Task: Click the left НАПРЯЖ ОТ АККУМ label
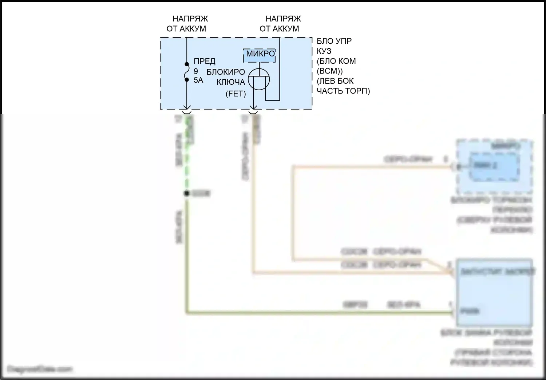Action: [x=187, y=24]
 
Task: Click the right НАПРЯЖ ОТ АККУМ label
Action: [x=280, y=24]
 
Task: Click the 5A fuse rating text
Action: [x=198, y=80]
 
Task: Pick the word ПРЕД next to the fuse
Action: [x=204, y=61]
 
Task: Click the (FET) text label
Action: [x=236, y=94]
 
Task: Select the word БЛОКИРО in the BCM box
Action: [x=226, y=72]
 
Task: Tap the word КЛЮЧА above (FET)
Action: [x=231, y=82]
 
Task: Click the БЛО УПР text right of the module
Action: [x=334, y=41]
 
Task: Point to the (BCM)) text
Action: [x=329, y=71]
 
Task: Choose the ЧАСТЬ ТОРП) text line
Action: [x=343, y=91]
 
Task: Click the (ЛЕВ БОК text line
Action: [x=335, y=81]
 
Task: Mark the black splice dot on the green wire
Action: [x=187, y=193]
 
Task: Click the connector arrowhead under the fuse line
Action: [x=187, y=108]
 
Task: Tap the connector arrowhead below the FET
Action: [x=253, y=108]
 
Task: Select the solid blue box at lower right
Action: [x=494, y=292]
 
